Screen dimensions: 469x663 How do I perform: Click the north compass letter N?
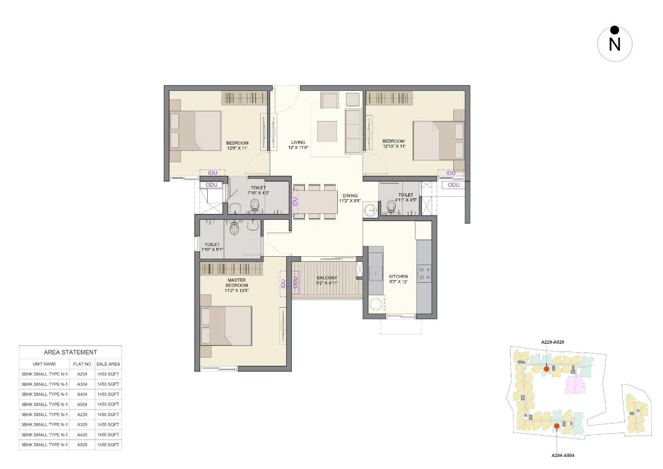click(x=615, y=44)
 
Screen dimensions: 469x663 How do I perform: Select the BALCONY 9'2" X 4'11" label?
click(x=327, y=280)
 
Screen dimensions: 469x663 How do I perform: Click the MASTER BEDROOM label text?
click(x=237, y=285)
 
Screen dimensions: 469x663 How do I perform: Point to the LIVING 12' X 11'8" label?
click(x=298, y=145)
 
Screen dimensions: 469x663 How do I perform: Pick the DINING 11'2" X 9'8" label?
click(x=350, y=198)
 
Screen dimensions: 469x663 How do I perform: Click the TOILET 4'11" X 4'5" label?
click(x=405, y=197)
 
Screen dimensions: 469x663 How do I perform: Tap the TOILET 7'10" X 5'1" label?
click(x=212, y=247)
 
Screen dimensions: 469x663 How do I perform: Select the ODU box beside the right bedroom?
click(x=453, y=185)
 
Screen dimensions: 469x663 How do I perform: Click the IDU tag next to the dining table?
click(x=295, y=202)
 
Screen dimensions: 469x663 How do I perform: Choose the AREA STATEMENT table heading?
click(x=70, y=352)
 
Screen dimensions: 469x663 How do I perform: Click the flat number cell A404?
click(x=82, y=394)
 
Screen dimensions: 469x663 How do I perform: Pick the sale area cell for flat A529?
click(x=108, y=445)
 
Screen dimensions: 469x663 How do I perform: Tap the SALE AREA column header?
click(x=108, y=364)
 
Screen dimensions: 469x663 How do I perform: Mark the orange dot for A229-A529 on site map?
click(x=547, y=369)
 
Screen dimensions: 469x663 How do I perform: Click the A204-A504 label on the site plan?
click(x=563, y=455)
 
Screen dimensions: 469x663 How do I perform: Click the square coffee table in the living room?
click(x=327, y=131)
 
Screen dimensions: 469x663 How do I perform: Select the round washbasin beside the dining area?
click(x=370, y=211)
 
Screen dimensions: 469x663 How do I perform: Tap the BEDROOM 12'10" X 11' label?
click(x=393, y=143)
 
